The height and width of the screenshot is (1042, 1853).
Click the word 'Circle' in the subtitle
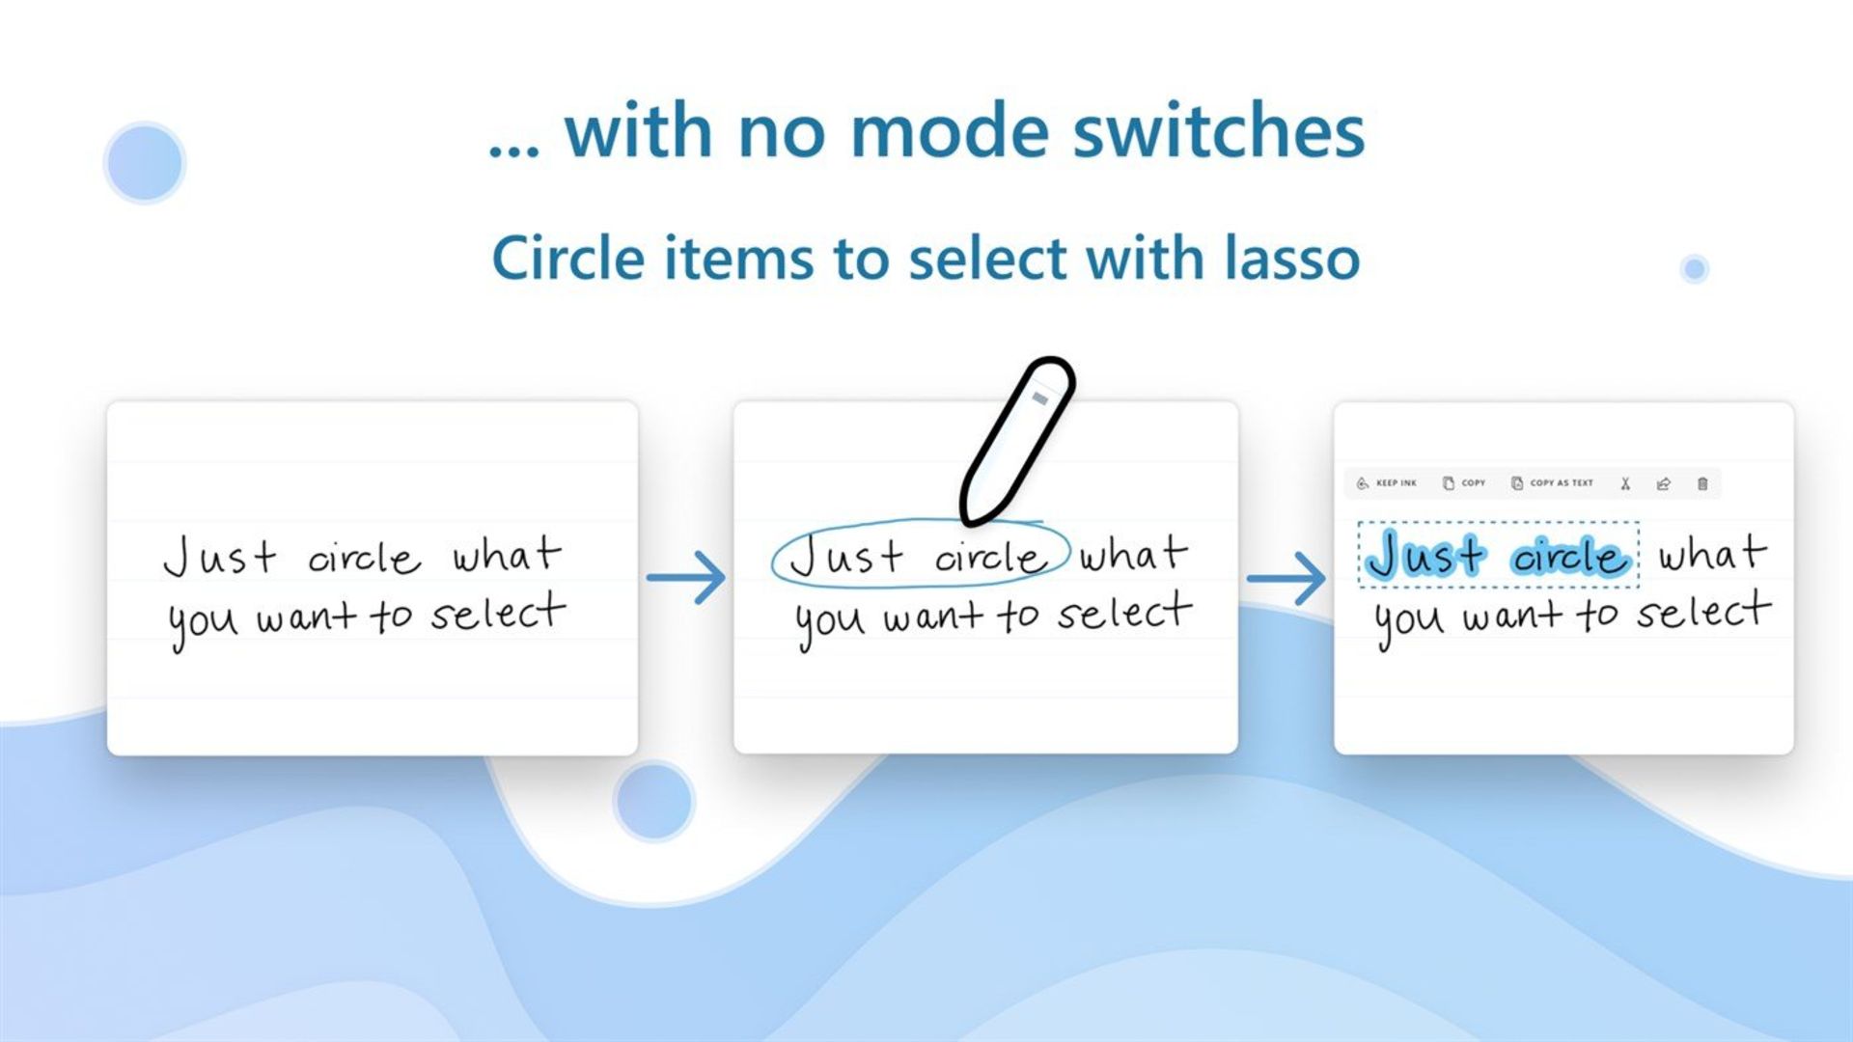568,258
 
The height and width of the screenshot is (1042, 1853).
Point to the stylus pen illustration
1017,442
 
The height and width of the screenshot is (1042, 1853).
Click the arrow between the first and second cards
686,578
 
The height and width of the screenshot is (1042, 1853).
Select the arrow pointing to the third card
1286,578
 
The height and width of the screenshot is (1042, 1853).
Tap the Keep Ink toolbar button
1387,483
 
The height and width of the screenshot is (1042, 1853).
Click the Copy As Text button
1552,483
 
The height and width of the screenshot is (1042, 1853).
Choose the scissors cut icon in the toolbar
1625,483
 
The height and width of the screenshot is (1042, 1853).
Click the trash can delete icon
1702,483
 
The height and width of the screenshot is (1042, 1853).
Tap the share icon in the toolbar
1664,483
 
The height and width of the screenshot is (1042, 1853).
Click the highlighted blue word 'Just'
1425,555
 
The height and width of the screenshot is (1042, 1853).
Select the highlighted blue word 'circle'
1570,557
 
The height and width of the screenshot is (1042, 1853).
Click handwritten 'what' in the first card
508,555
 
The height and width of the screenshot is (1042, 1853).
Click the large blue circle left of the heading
145,162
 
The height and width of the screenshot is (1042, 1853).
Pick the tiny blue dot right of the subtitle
1695,268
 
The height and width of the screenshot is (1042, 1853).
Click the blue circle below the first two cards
654,801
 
